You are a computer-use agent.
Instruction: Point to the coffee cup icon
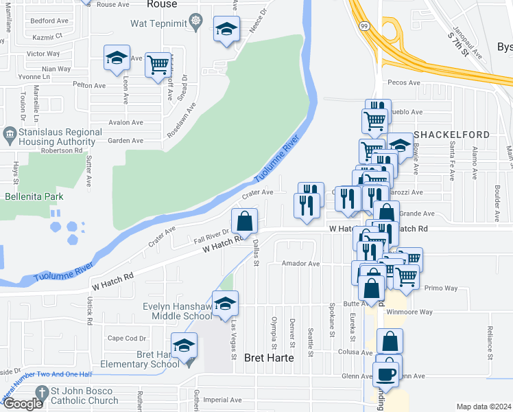click(x=385, y=374)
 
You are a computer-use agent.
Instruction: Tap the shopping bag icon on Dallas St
click(x=244, y=221)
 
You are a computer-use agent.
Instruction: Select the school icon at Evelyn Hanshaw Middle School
click(x=225, y=303)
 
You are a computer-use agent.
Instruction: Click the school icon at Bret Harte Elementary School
click(x=184, y=345)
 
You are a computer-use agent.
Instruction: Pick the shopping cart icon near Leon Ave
click(x=158, y=65)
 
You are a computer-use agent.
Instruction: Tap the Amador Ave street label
click(x=301, y=263)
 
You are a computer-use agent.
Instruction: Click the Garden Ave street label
click(x=126, y=141)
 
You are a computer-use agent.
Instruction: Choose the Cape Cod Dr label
click(x=127, y=338)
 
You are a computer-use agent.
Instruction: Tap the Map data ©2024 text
click(x=483, y=407)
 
